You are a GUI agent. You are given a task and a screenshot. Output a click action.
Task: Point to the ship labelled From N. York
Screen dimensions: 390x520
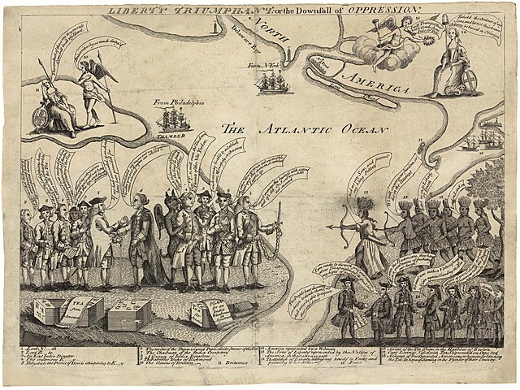click(x=271, y=81)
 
